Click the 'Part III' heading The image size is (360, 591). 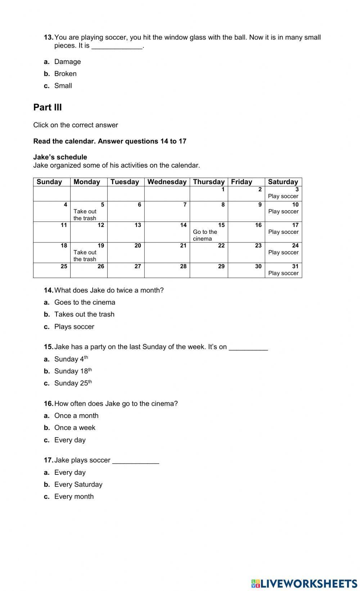pyautogui.click(x=48, y=107)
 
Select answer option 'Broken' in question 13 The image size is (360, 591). pyautogui.click(x=65, y=74)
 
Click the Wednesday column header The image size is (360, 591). pyautogui.click(x=167, y=182)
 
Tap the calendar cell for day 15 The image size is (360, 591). pyautogui.click(x=209, y=232)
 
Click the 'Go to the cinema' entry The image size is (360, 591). pyautogui.click(x=205, y=235)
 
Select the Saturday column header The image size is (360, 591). pyautogui.click(x=283, y=182)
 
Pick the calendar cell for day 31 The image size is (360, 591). pyautogui.click(x=283, y=270)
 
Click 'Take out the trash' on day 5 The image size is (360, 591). pyautogui.click(x=85, y=215)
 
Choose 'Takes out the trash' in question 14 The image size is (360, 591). pyautogui.click(x=84, y=314)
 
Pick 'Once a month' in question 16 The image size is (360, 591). pyautogui.click(x=76, y=416)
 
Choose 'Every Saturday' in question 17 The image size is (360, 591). pyautogui.click(x=78, y=485)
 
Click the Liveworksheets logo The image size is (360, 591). pyautogui.click(x=304, y=583)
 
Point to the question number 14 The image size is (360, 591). pyautogui.click(x=48, y=290)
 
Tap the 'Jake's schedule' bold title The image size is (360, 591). pyautogui.click(x=60, y=157)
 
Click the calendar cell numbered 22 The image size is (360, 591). pyautogui.click(x=209, y=253)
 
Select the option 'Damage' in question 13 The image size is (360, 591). pyautogui.click(x=67, y=62)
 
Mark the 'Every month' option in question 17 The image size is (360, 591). pyautogui.click(x=74, y=497)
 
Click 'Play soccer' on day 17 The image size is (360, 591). pyautogui.click(x=283, y=232)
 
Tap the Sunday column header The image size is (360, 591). pyautogui.click(x=49, y=182)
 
